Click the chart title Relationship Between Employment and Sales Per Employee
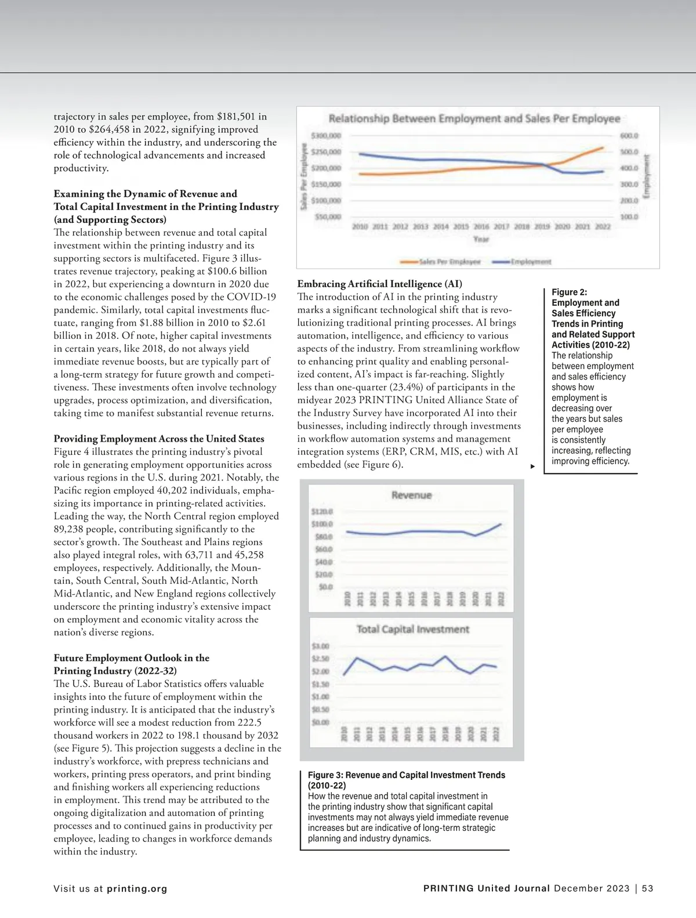point(474,119)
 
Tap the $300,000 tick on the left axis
point(326,136)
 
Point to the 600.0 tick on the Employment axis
point(629,136)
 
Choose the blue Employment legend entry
point(521,262)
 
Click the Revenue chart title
point(411,496)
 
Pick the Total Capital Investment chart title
point(412,629)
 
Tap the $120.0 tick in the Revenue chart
point(322,512)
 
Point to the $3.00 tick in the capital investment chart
point(321,646)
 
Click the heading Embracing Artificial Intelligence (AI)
point(379,284)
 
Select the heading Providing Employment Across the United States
point(159,439)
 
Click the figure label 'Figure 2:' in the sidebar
point(569,292)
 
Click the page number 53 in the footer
point(647,888)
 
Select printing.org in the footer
point(137,888)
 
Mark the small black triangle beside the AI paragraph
point(532,466)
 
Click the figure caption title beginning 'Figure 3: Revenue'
point(406,775)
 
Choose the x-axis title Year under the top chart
point(481,239)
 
